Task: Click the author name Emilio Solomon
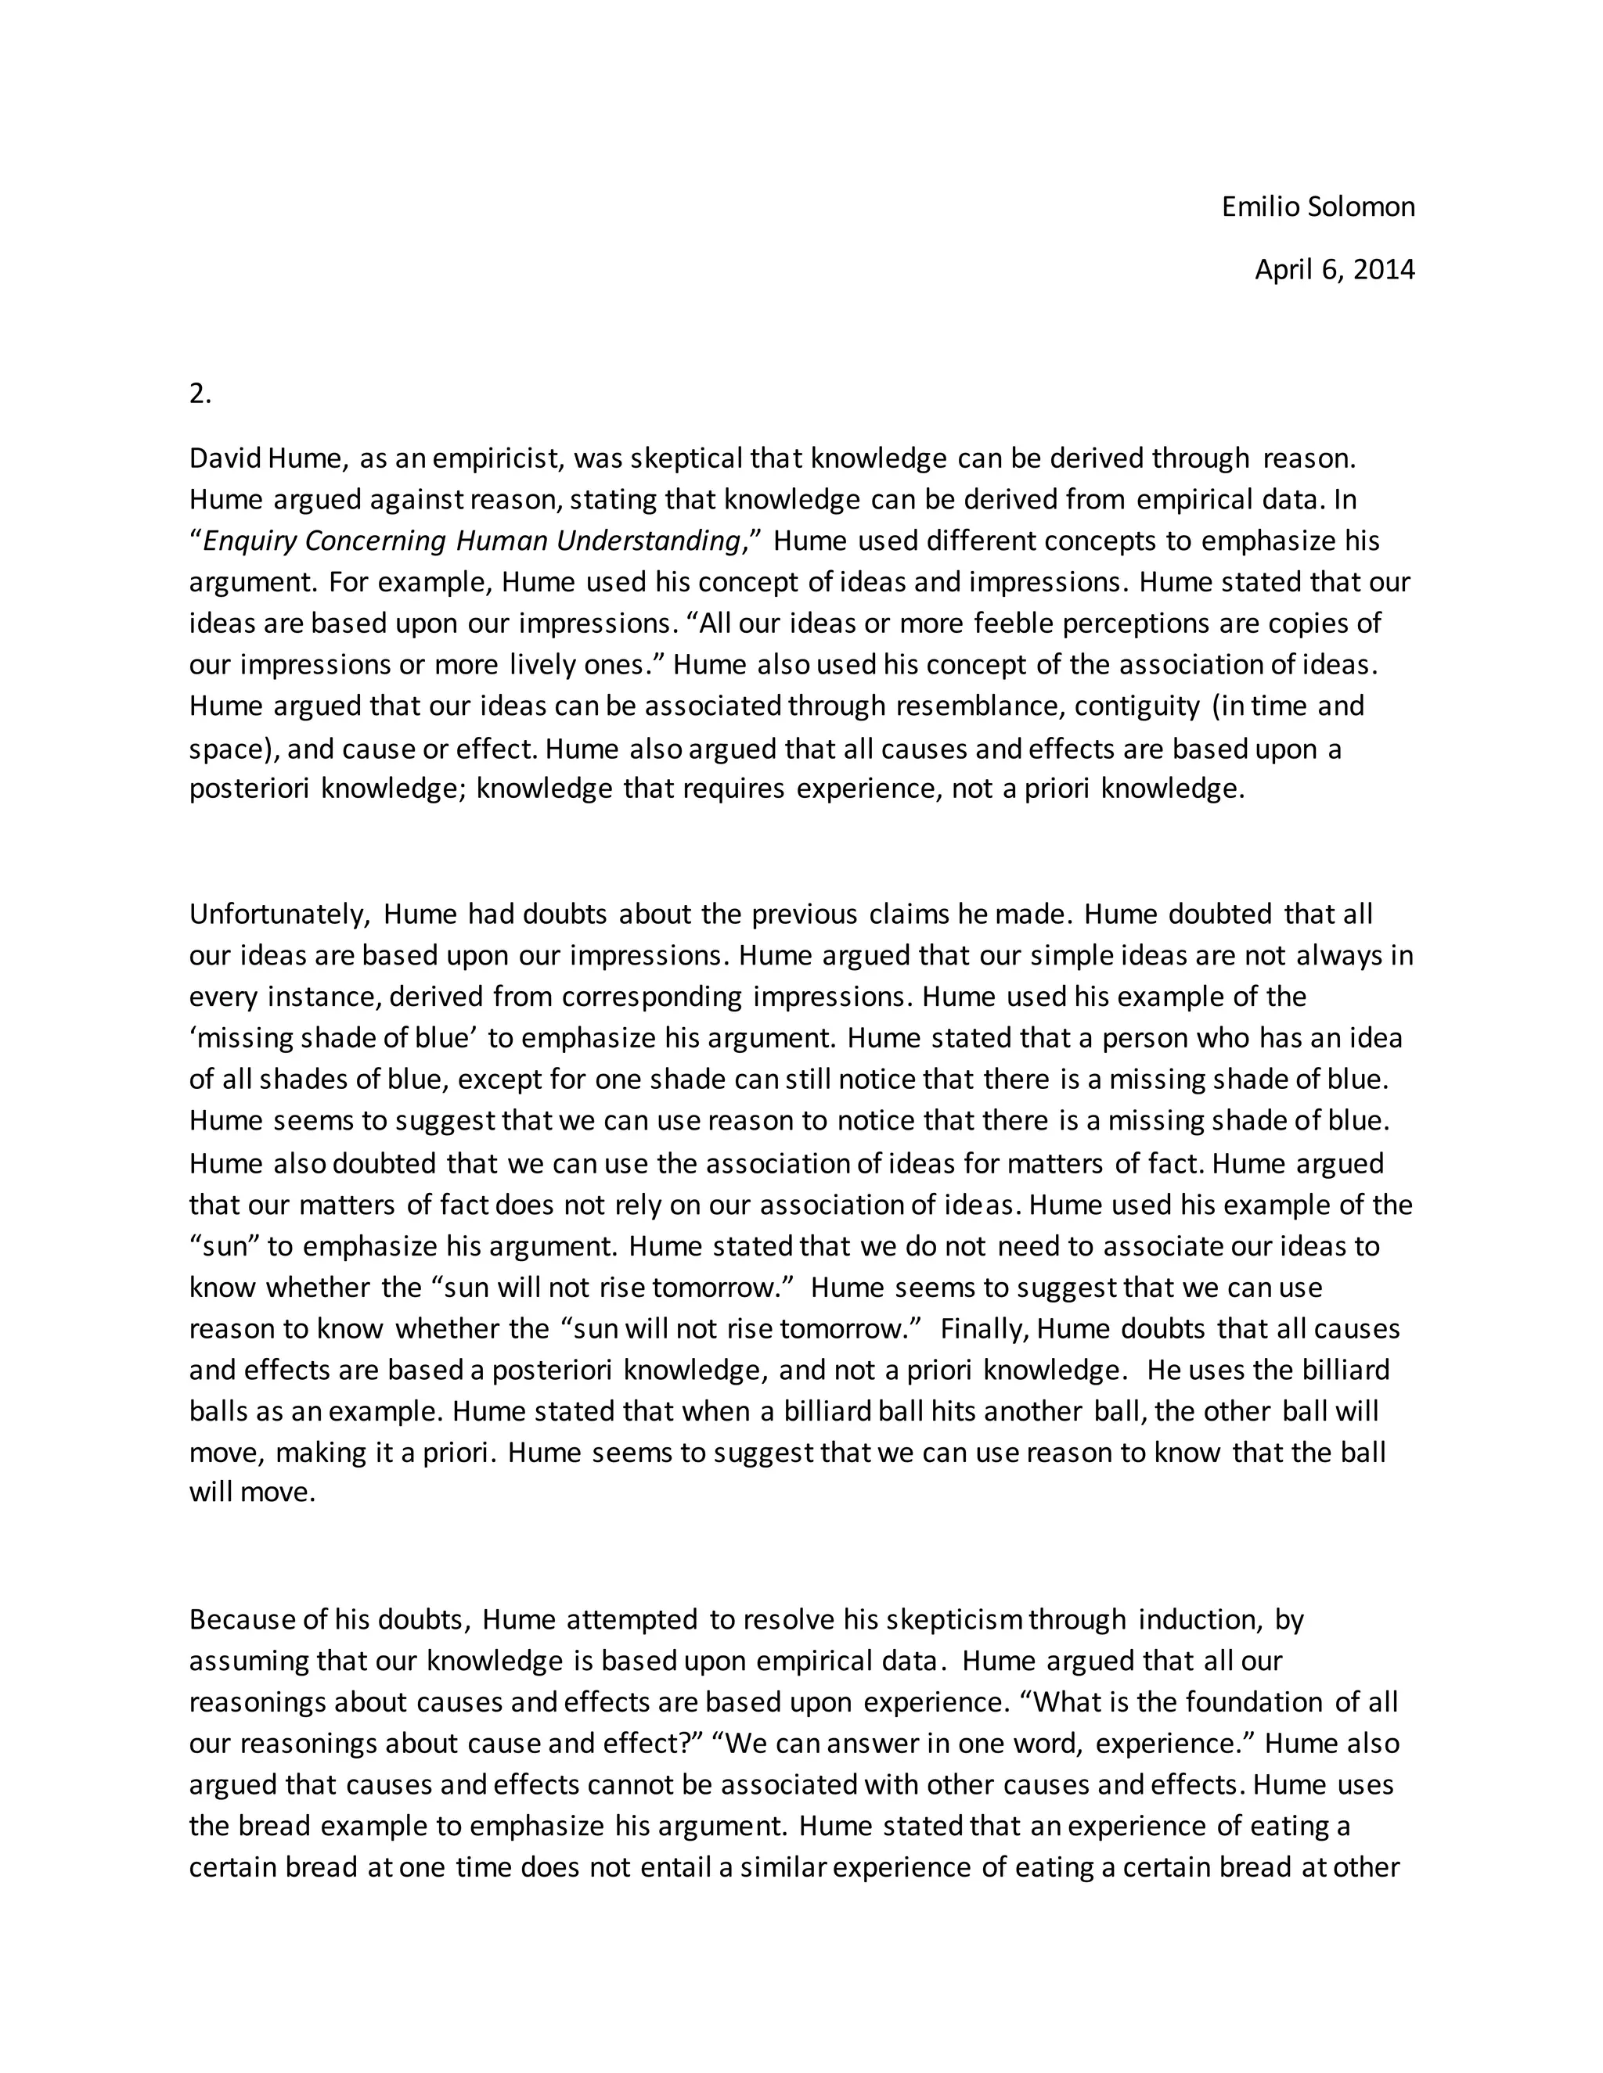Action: (x=1317, y=207)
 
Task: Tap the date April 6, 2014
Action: (x=1335, y=271)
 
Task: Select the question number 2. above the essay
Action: (x=200, y=394)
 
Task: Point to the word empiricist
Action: (x=499, y=458)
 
